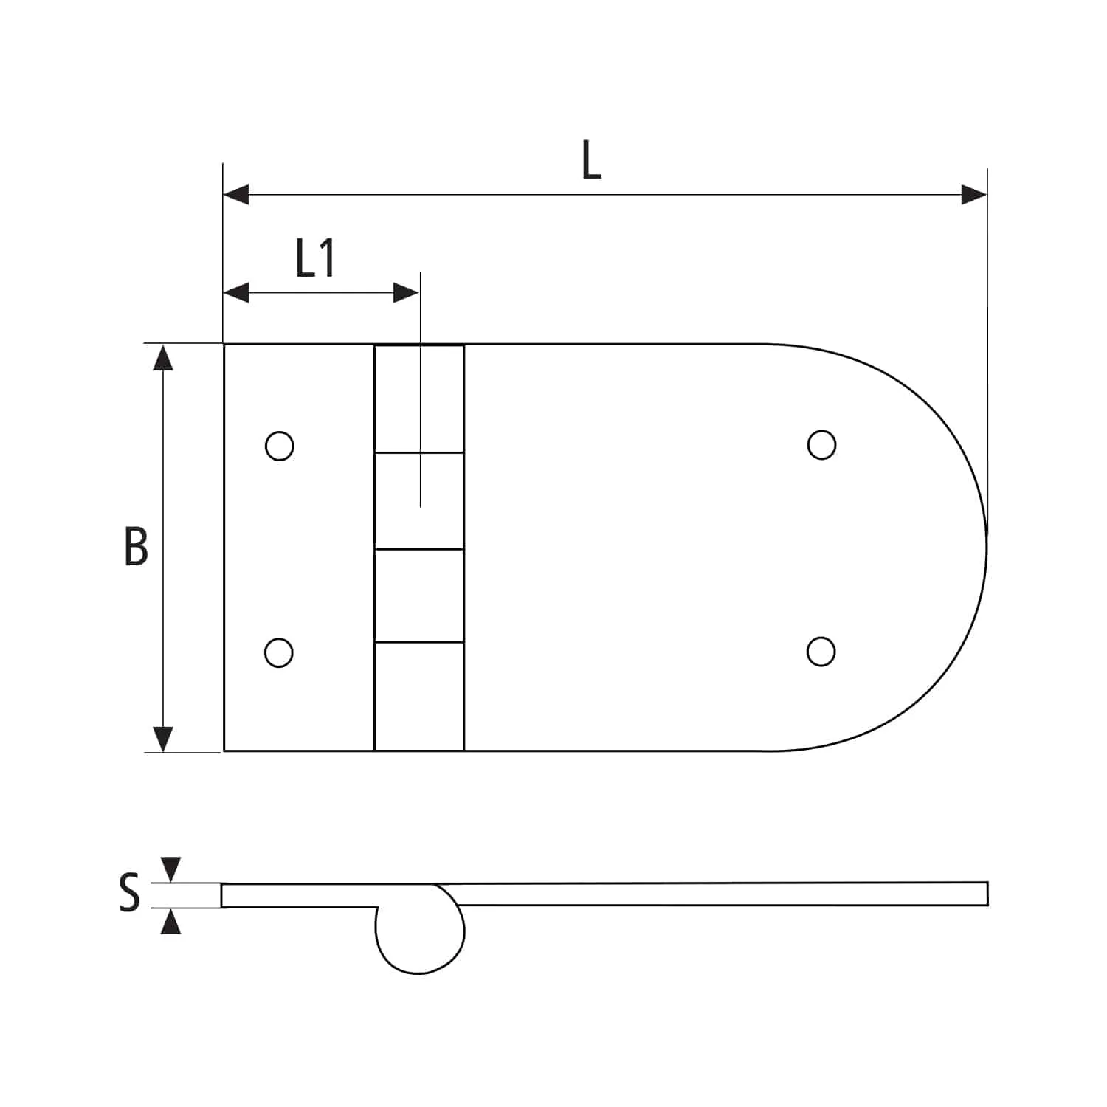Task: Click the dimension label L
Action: (591, 161)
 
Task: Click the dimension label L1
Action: (316, 259)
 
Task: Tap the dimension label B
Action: (136, 547)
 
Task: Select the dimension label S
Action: (129, 892)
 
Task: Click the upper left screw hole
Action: (279, 446)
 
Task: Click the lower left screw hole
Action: (279, 652)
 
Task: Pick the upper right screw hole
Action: (821, 445)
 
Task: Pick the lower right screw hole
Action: (821, 651)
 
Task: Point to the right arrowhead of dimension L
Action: (974, 196)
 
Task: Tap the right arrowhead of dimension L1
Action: (407, 293)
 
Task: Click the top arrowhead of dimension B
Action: (163, 357)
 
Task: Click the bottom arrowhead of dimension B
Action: (163, 739)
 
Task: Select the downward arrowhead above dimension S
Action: (170, 869)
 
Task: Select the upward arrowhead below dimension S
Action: (170, 922)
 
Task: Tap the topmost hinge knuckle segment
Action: (419, 399)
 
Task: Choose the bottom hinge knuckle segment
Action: (419, 696)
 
